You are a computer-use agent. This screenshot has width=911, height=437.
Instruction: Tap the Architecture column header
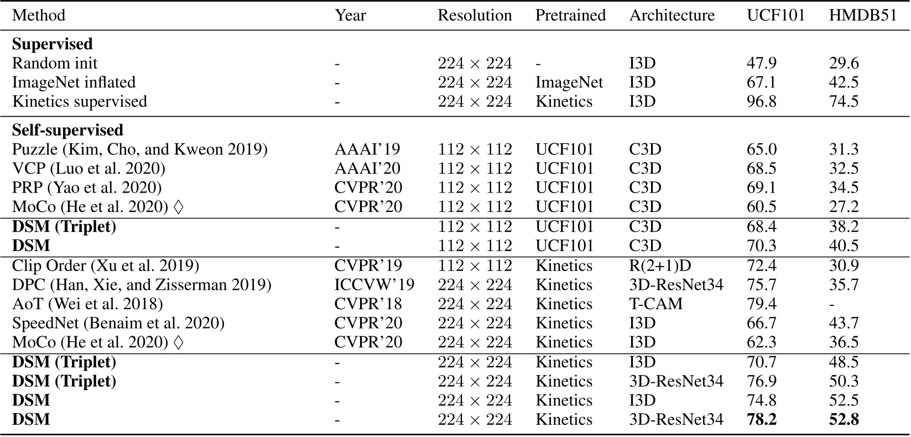click(671, 15)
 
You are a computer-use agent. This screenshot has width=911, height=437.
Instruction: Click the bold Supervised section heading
click(53, 44)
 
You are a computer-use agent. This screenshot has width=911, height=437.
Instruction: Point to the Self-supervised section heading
click(67, 131)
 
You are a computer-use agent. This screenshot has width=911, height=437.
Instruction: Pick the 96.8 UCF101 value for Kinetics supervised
click(761, 102)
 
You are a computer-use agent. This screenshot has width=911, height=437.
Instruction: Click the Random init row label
click(55, 63)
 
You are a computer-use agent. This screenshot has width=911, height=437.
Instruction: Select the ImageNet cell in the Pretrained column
click(569, 82)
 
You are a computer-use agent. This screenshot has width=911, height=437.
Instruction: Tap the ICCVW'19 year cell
click(374, 285)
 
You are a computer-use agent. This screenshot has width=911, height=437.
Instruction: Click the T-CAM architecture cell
click(656, 304)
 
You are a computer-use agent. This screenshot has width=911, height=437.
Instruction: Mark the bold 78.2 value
click(762, 420)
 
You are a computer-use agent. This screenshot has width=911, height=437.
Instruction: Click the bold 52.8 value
click(844, 420)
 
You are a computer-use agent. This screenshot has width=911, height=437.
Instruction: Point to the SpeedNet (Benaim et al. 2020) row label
click(118, 324)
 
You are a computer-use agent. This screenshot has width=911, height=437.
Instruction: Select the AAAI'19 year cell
click(367, 150)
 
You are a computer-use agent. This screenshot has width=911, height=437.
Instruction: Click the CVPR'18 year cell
click(368, 304)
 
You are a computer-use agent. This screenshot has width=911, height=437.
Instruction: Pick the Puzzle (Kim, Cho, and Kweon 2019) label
click(140, 150)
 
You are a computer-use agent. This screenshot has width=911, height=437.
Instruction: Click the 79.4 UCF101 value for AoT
click(761, 304)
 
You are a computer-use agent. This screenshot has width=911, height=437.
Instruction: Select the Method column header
click(39, 15)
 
